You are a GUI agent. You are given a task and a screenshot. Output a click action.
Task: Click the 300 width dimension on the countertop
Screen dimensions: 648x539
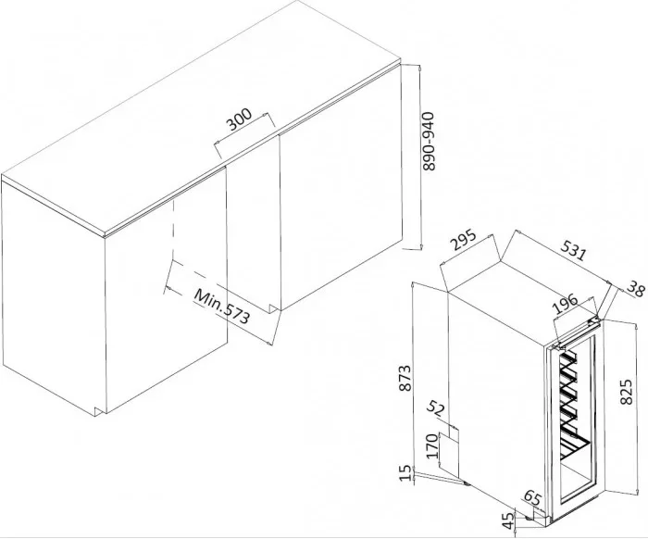(x=239, y=119)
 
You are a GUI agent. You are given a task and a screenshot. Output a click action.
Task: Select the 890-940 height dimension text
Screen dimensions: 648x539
(x=429, y=141)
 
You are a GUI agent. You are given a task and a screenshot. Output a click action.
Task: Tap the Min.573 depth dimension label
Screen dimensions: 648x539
(x=222, y=307)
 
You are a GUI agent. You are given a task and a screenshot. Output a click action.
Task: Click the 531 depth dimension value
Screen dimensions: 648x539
(x=573, y=249)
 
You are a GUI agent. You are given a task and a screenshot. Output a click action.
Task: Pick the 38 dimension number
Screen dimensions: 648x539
(x=636, y=289)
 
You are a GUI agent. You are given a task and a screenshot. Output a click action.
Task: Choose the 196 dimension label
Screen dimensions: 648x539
(x=566, y=304)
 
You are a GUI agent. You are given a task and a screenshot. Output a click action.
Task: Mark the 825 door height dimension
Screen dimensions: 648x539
(x=627, y=392)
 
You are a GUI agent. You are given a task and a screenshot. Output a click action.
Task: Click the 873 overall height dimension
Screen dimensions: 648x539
(x=405, y=378)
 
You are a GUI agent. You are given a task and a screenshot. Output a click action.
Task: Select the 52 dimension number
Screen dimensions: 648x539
(x=436, y=408)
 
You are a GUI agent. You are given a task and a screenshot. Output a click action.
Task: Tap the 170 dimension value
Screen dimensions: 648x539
(x=432, y=446)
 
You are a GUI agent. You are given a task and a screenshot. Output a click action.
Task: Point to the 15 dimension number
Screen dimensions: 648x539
(x=406, y=473)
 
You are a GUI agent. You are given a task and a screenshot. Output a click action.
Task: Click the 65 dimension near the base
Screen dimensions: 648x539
(x=532, y=498)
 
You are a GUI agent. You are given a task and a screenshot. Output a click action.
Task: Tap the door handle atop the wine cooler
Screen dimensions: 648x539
(x=578, y=332)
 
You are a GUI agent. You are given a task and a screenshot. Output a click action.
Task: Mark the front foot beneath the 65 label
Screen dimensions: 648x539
(x=529, y=517)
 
